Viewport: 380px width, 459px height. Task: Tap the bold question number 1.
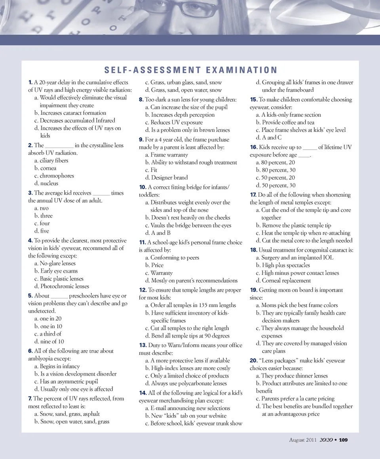point(30,82)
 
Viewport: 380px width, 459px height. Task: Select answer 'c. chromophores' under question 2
point(54,176)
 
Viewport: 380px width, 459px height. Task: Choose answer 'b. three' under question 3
point(44,216)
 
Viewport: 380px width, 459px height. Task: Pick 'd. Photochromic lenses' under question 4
point(61,286)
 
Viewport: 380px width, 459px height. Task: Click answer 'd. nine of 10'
point(49,341)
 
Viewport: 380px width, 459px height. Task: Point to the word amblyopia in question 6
point(43,358)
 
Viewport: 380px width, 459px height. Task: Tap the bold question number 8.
point(141,99)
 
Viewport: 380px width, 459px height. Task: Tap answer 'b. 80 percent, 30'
point(275,170)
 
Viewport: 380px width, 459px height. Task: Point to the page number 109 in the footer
point(343,440)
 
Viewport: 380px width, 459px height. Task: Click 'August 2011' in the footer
point(303,440)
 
